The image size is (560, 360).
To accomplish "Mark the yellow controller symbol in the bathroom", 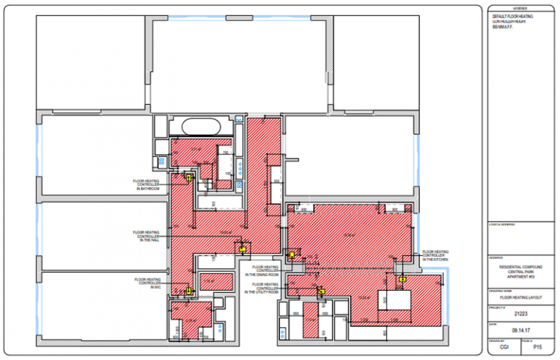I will [188, 176].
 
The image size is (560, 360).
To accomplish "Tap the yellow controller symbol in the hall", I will [241, 248].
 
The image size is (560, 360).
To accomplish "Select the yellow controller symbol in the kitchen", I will [402, 278].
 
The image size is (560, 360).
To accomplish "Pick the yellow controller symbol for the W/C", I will [189, 290].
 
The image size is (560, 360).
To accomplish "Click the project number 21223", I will [521, 315].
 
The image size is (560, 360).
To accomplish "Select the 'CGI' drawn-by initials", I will [504, 348].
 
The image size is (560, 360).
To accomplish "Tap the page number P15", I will [538, 348].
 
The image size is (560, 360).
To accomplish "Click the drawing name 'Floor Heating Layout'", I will [521, 297].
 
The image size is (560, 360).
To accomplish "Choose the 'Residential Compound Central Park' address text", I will [521, 270].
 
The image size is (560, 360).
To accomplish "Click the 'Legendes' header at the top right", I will [521, 10].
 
